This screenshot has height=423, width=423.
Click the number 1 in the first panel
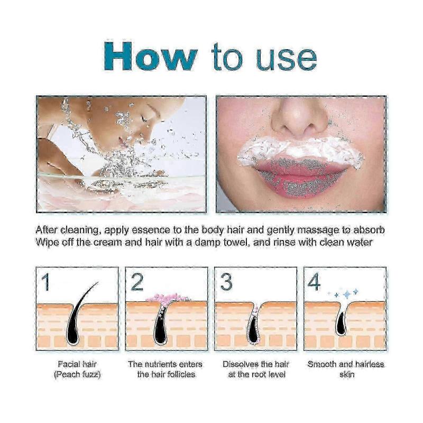(x=46, y=282)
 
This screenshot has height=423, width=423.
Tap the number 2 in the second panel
(x=137, y=282)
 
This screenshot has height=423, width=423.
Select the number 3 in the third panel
(x=226, y=282)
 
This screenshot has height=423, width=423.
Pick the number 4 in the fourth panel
(x=314, y=282)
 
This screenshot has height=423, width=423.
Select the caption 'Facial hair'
(x=77, y=364)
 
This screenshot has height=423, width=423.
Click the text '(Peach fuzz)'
(x=77, y=374)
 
